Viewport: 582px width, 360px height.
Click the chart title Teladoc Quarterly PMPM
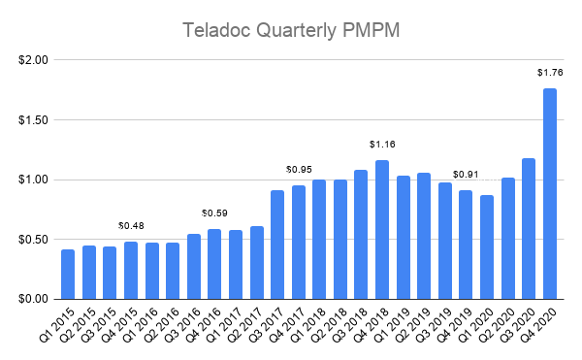291,30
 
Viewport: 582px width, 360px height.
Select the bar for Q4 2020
550,194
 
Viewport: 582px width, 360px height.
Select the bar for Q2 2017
257,262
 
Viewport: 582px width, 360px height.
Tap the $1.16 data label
382,144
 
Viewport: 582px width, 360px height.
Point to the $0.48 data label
131,225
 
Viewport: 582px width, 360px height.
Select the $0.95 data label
298,169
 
